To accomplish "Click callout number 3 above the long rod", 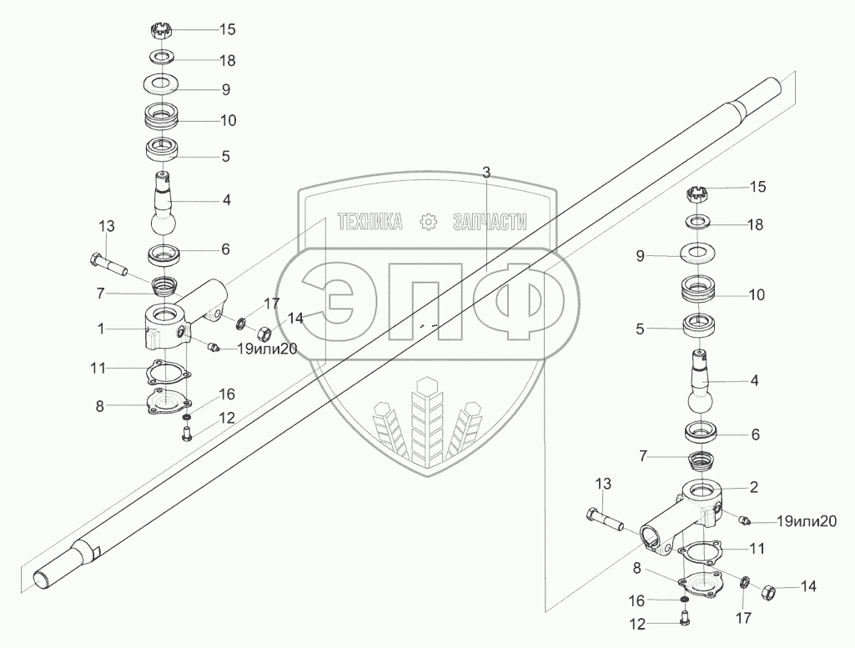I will [x=486, y=171].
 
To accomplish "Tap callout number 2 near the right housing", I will [x=753, y=485].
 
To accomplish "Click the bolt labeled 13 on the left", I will [x=105, y=263].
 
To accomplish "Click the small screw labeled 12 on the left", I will [x=186, y=432].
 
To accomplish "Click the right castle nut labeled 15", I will [x=697, y=195].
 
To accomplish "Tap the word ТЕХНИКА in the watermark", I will [x=370, y=221].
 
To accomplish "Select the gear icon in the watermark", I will [x=428, y=221].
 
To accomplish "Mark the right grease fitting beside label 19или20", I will [x=745, y=520].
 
